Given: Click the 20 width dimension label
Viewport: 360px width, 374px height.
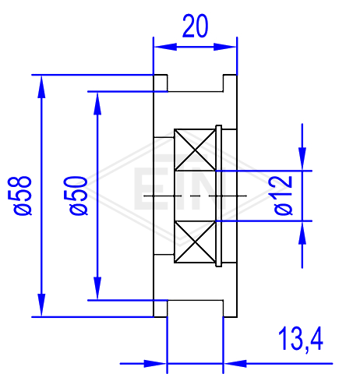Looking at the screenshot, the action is tap(196, 26).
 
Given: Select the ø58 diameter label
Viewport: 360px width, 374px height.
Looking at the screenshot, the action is tap(23, 196).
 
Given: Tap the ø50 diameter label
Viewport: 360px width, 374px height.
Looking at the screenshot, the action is tap(79, 196).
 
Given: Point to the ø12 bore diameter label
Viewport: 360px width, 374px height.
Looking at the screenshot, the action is tap(283, 196).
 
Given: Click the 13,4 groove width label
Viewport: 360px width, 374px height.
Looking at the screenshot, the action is tap(301, 340).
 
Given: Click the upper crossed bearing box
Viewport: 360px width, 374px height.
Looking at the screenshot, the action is tap(195, 150).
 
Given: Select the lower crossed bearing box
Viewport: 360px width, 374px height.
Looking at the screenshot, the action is tap(195, 242).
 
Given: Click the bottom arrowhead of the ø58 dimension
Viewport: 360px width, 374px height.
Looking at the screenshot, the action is tap(41, 305).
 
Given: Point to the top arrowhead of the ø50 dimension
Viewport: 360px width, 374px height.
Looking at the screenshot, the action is tap(97, 104).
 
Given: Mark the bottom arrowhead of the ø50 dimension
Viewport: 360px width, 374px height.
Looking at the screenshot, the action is tap(97, 288).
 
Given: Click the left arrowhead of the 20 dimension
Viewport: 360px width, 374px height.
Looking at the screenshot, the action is tap(165, 47).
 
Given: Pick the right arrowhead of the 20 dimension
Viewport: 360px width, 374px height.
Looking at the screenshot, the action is tap(225, 47).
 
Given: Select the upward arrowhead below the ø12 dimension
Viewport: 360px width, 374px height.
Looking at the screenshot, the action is tap(302, 233).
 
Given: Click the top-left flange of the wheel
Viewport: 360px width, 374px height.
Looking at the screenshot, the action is tap(161, 83).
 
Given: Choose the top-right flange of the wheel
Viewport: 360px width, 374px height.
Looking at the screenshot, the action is tap(230, 83).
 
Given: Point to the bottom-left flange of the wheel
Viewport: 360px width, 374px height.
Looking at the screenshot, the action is tap(161, 309).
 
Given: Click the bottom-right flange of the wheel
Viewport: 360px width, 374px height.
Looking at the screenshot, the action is tap(230, 309).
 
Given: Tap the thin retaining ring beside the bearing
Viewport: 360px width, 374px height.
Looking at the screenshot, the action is tap(219, 196).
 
